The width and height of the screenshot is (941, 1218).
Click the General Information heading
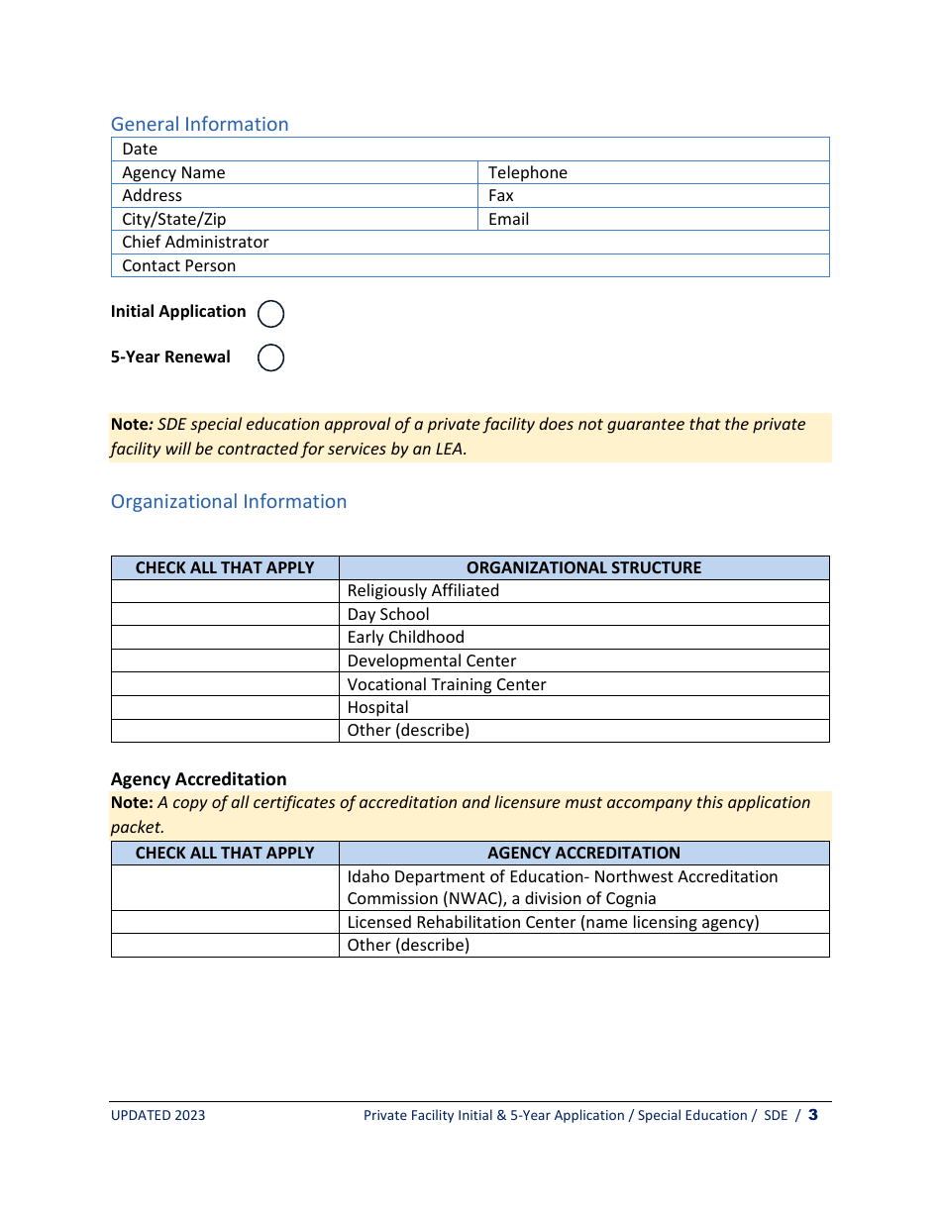(199, 124)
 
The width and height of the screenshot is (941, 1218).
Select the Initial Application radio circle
(270, 314)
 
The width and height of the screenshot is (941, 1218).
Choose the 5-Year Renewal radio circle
(270, 357)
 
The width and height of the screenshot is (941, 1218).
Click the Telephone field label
(527, 172)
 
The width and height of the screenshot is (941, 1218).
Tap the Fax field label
(500, 195)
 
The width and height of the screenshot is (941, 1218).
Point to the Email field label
(508, 219)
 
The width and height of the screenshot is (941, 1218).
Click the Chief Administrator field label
(195, 242)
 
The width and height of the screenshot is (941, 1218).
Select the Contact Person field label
(178, 265)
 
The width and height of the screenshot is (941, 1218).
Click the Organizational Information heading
(229, 501)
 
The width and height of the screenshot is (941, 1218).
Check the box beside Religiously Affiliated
(225, 591)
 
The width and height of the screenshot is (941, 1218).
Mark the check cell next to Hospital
(225, 707)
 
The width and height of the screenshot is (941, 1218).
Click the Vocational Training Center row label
(446, 684)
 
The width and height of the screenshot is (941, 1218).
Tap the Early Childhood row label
(405, 637)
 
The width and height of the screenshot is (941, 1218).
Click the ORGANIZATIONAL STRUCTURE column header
(583, 567)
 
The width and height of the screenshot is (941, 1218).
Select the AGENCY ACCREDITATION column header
(583, 853)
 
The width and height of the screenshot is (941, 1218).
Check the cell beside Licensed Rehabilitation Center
(225, 922)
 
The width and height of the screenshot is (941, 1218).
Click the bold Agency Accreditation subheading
(198, 779)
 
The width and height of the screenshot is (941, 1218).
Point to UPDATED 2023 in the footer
(157, 1115)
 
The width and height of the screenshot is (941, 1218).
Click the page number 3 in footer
(812, 1115)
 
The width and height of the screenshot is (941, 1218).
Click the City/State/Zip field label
(173, 219)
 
